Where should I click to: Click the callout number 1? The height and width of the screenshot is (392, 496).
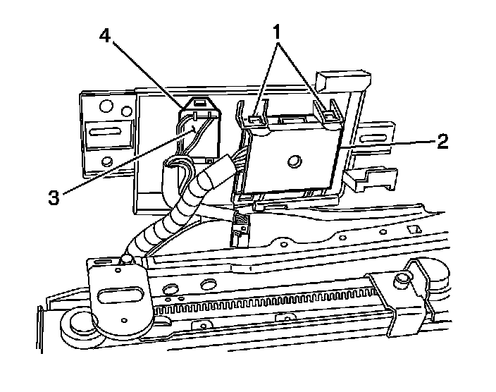coord(277,32)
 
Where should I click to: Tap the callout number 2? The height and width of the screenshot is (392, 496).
coord(443,141)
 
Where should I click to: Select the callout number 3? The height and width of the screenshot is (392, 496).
coord(54,197)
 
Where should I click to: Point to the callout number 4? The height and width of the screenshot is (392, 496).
coord(105,35)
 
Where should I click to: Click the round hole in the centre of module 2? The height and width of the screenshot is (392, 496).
coord(294,161)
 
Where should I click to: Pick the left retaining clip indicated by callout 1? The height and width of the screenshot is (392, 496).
coord(255,119)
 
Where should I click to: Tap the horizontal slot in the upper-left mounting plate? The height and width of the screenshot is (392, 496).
coord(104,132)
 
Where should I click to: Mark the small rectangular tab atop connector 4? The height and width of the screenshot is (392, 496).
coord(199,103)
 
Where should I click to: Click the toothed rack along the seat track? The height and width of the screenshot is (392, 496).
coord(266,302)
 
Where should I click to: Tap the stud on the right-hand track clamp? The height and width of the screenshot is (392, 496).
coord(402,279)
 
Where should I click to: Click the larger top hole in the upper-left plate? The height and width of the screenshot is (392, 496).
coord(106,106)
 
